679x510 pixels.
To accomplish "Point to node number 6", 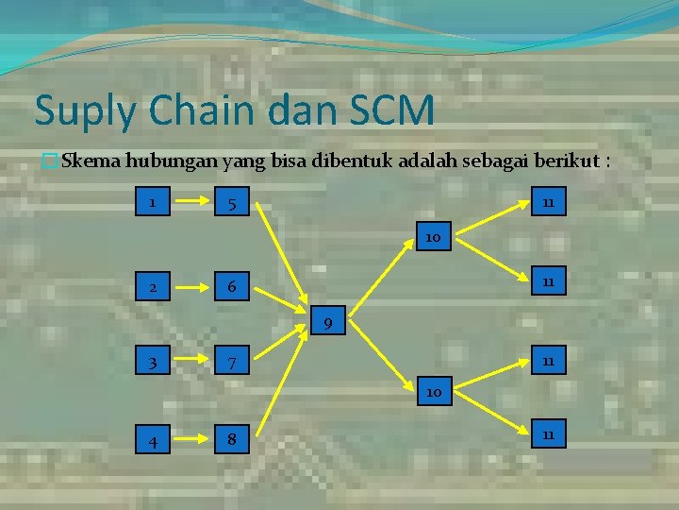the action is (x=231, y=287).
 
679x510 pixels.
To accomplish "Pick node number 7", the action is (x=231, y=364).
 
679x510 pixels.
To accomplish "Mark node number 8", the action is (x=231, y=439).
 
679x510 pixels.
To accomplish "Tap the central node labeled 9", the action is (x=326, y=325).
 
